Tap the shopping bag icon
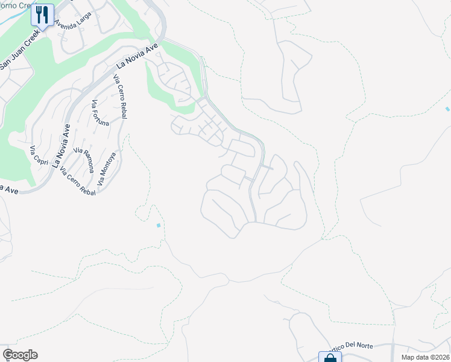click(x=330, y=357)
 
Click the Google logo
click(x=20, y=355)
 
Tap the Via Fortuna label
click(x=100, y=113)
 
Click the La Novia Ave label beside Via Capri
click(x=60, y=145)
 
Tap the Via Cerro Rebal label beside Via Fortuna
click(x=119, y=97)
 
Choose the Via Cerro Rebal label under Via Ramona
click(x=78, y=183)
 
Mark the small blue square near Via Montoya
click(x=159, y=226)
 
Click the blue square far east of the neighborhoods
click(x=447, y=109)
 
